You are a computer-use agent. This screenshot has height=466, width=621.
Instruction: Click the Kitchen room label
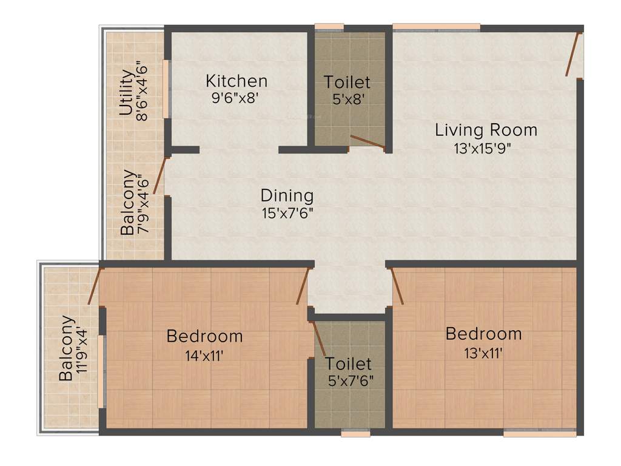tap(237, 81)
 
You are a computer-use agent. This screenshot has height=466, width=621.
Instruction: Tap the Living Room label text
tap(486, 130)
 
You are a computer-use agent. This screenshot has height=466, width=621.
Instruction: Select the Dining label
tap(287, 196)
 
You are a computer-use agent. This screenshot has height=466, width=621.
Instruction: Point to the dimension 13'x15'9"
tap(486, 147)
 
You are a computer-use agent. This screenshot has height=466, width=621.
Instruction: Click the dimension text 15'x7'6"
tap(287, 214)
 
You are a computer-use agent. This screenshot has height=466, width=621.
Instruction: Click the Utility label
tap(126, 93)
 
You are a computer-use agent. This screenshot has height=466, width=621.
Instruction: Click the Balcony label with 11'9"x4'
tap(67, 348)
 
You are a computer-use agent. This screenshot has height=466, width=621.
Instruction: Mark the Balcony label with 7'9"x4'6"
tap(128, 202)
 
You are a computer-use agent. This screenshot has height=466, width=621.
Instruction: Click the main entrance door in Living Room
tap(574, 55)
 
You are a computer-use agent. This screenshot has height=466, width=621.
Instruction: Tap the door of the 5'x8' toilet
tap(367, 141)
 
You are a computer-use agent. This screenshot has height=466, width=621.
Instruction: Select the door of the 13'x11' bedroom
tap(398, 286)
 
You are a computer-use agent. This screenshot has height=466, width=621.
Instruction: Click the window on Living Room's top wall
tap(436, 27)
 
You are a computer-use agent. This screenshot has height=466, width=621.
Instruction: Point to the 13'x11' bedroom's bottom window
tap(539, 433)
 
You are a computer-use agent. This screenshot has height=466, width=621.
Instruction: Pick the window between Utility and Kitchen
tap(166, 89)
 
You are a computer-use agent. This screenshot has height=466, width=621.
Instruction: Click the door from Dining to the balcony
tap(160, 176)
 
